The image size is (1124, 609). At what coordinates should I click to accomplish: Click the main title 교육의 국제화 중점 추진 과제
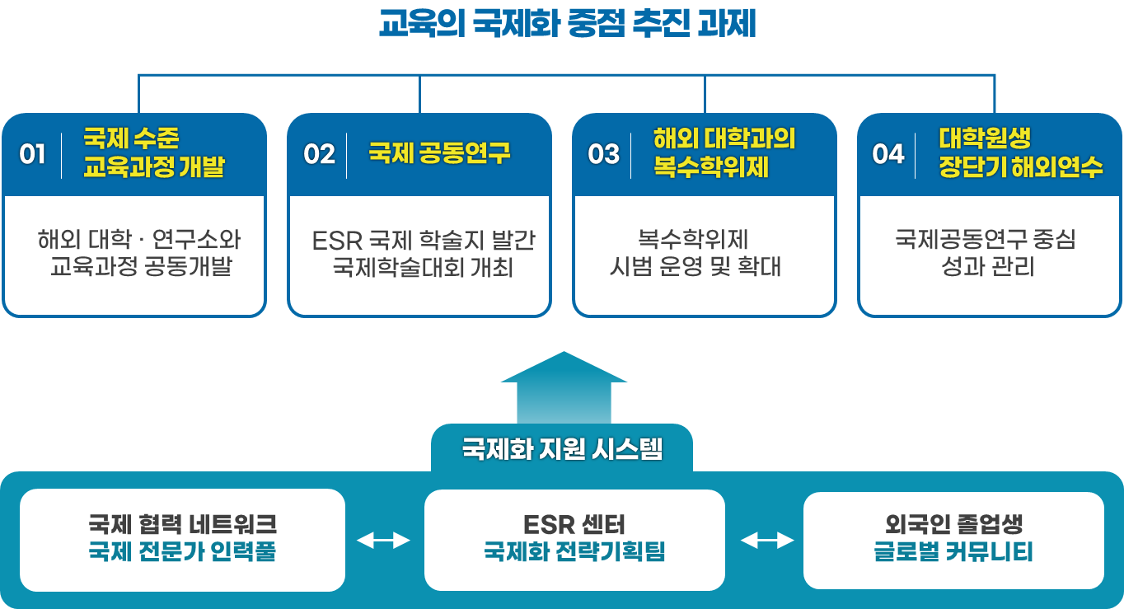(x=567, y=25)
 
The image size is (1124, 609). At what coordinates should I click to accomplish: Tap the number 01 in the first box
(x=32, y=154)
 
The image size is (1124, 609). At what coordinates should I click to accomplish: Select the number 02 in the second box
(x=319, y=154)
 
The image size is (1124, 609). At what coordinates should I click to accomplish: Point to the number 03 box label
(x=603, y=154)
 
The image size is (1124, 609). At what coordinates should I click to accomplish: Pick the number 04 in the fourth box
(x=887, y=154)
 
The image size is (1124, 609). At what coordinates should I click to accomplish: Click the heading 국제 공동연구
(x=439, y=153)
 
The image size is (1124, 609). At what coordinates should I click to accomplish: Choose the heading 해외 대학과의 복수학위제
(x=724, y=153)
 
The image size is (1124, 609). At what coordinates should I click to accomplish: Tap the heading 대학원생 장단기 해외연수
(x=1020, y=153)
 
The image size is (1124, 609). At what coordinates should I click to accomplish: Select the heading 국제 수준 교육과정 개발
(x=154, y=153)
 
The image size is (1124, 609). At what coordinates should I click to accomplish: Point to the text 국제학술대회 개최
(x=424, y=268)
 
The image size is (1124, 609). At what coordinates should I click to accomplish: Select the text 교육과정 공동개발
(x=141, y=268)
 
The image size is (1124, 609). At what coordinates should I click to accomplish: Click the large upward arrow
(x=564, y=387)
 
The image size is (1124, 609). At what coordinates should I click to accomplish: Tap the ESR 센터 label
(x=574, y=524)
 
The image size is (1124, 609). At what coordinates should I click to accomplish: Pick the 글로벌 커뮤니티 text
(x=953, y=552)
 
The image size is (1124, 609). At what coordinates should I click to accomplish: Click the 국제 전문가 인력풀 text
(x=182, y=552)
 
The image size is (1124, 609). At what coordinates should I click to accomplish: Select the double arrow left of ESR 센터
(x=383, y=541)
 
